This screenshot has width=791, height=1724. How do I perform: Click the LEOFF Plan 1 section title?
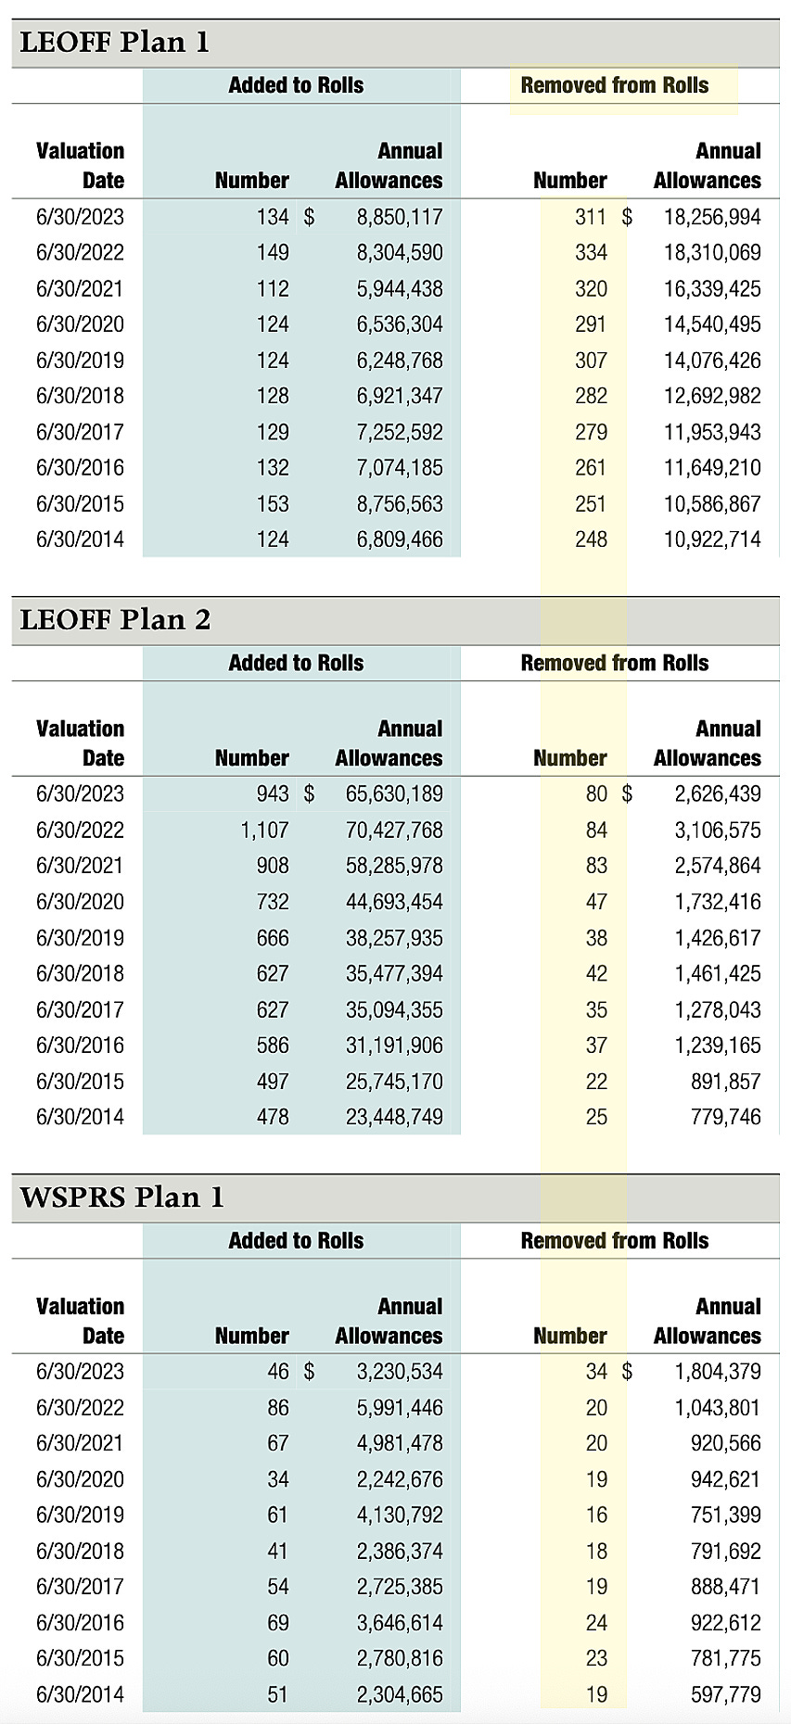click(x=115, y=43)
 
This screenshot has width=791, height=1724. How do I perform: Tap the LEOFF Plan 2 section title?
click(x=115, y=620)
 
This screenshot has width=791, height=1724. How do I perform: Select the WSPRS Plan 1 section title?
click(x=121, y=1198)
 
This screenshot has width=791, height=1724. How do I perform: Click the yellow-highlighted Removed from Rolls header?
click(x=615, y=86)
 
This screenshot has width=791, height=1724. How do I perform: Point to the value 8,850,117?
click(x=400, y=218)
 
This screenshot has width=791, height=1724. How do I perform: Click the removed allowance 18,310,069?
click(x=711, y=253)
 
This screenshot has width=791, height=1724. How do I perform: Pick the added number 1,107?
click(x=264, y=830)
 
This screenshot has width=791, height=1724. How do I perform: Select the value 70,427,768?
click(x=394, y=830)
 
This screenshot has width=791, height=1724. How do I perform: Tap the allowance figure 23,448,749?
click(x=394, y=1118)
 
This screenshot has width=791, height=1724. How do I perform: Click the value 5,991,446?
click(x=400, y=1408)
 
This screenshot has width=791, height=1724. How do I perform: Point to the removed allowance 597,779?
click(x=725, y=1695)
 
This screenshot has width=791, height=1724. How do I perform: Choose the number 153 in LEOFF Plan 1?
click(x=273, y=505)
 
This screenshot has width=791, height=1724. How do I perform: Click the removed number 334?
click(x=591, y=253)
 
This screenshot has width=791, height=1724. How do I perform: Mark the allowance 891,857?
click(x=725, y=1082)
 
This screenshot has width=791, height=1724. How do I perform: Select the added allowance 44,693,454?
click(x=394, y=902)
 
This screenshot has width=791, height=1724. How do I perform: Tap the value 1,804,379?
click(x=717, y=1372)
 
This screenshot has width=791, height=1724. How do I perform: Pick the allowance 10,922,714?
click(x=711, y=540)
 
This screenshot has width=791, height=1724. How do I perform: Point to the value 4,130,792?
click(x=400, y=1515)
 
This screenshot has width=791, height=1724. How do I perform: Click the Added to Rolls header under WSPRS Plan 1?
click(x=296, y=1241)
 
